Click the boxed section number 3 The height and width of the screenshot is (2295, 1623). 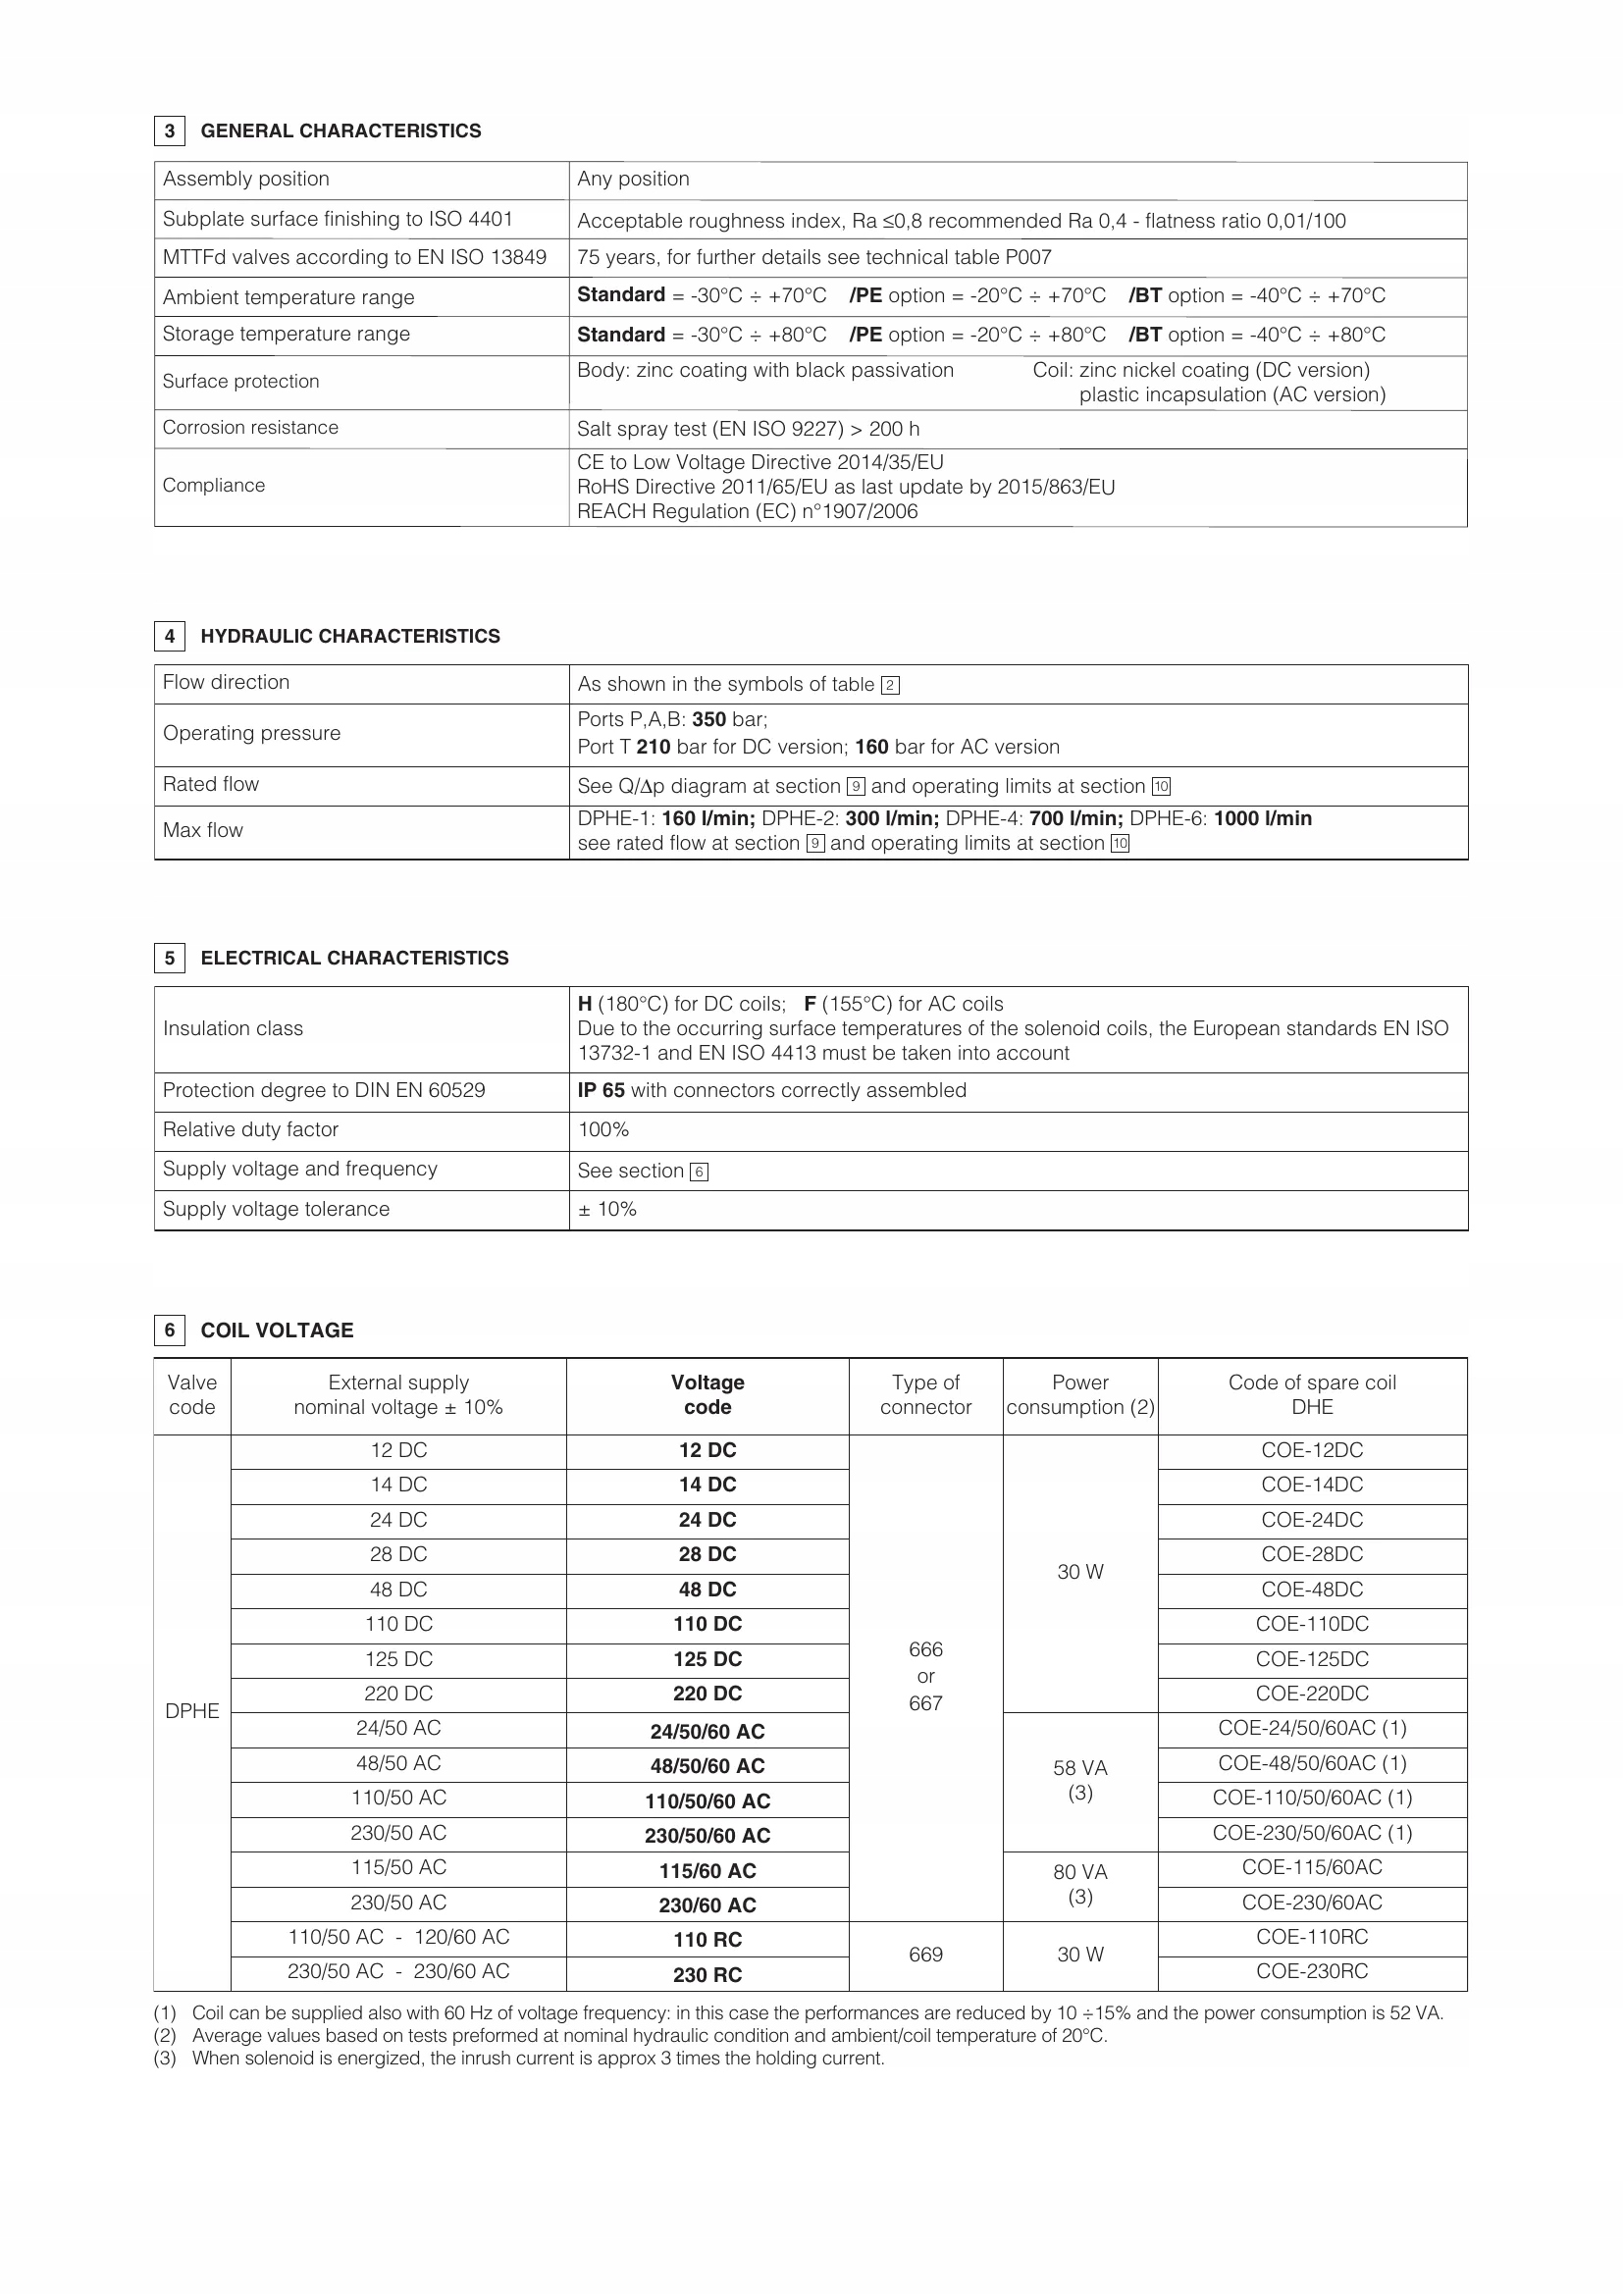170,130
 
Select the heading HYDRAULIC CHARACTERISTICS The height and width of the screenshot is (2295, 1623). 349,636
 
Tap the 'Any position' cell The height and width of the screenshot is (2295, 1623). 633,179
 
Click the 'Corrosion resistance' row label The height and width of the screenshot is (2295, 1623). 250,428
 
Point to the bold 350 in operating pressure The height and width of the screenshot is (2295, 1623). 708,719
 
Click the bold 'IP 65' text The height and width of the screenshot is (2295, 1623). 601,1090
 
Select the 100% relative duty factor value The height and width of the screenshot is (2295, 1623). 603,1129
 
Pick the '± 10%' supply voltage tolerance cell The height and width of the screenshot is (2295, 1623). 606,1209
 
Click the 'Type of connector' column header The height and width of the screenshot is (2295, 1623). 925,1394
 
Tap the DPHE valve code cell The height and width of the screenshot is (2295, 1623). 192,1710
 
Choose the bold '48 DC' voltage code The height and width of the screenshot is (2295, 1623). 707,1590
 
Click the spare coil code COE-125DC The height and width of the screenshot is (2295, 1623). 1311,1658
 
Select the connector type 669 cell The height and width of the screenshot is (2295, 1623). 925,1955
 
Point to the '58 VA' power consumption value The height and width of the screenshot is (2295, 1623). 1079,1768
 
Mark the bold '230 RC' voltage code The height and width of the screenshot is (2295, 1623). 707,1974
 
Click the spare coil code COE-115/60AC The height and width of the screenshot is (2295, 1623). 1311,1867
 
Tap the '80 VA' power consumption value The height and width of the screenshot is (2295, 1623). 1079,1872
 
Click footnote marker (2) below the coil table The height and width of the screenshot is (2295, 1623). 165,2035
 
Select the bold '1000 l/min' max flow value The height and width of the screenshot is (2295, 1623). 1262,818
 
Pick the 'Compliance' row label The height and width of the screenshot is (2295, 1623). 214,486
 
